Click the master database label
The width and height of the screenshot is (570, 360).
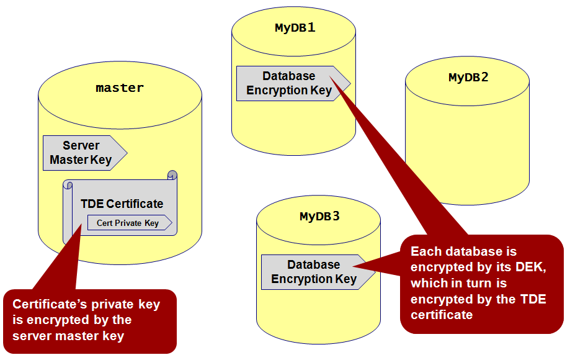[120, 88]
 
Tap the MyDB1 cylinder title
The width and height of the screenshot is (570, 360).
[295, 28]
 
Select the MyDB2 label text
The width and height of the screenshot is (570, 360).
[468, 78]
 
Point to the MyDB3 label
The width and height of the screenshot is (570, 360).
[319, 217]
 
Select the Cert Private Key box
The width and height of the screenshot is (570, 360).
[128, 223]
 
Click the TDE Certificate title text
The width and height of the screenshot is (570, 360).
[122, 204]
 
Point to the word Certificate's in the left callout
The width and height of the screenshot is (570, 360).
[48, 305]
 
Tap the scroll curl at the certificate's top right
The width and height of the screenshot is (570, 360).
[172, 176]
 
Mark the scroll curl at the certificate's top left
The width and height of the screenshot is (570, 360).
[68, 185]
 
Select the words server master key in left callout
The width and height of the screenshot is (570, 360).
[68, 336]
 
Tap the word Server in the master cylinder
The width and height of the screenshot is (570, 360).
[81, 146]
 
